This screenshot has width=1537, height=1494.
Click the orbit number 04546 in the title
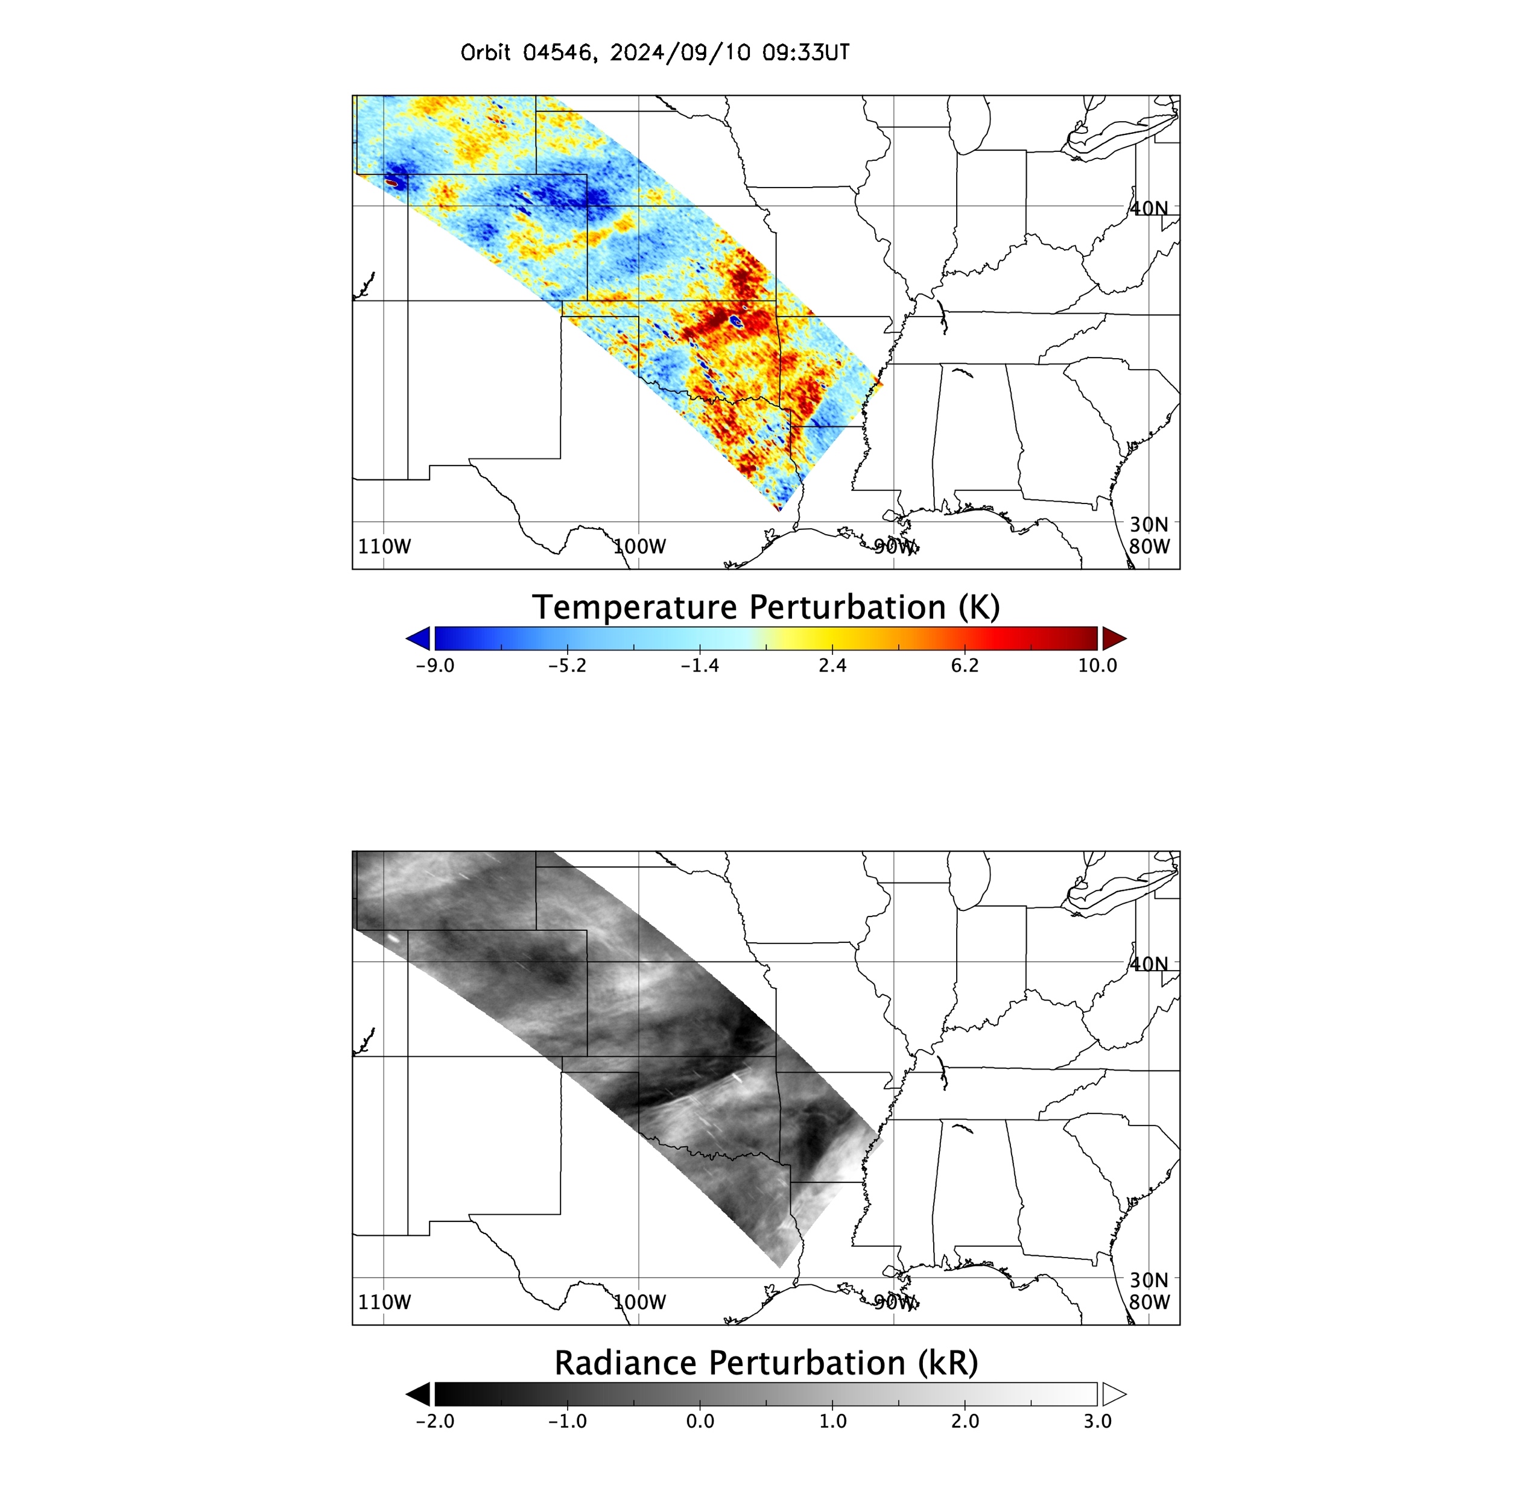point(559,52)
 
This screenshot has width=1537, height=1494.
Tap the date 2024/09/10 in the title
point(680,52)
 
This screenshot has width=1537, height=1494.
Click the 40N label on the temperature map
point(1149,208)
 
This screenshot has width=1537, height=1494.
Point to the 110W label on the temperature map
point(384,546)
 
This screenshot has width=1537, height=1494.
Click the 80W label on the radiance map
point(1149,1302)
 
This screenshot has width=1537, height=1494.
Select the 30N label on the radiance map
point(1149,1280)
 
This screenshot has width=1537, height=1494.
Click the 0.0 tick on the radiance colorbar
point(700,1421)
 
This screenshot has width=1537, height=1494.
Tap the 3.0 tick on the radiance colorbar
point(1097,1421)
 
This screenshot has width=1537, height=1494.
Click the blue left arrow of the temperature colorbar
point(419,638)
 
